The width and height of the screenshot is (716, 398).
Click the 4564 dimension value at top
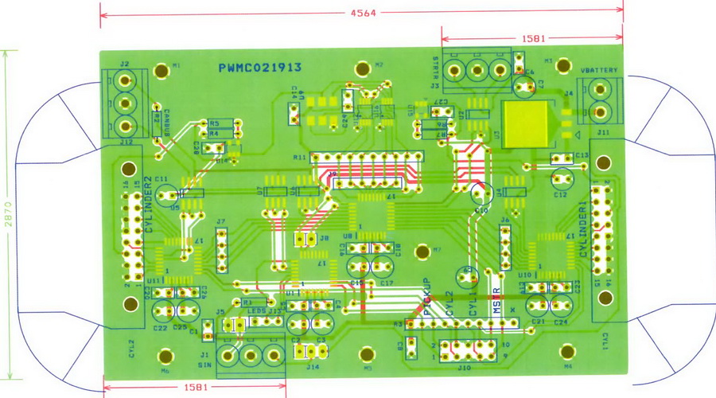tap(363, 13)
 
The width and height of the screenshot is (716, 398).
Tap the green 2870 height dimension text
tap(7, 215)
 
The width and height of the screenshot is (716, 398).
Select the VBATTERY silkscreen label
tap(599, 71)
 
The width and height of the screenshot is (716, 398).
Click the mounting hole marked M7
tap(422, 252)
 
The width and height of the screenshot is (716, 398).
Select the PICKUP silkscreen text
tap(427, 297)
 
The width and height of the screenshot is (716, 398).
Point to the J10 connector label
tap(465, 368)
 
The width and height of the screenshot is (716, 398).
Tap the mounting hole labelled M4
tap(567, 352)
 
